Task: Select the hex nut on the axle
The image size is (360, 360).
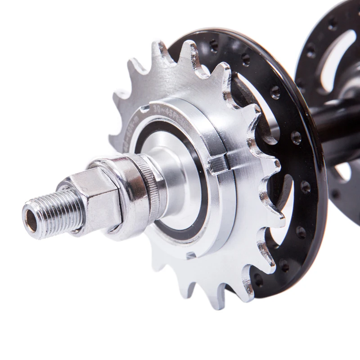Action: tap(97, 198)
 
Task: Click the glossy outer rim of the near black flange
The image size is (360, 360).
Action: tap(310, 189)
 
